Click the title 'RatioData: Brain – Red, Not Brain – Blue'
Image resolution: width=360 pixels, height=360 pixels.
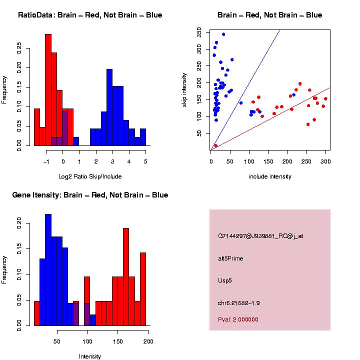click(90, 15)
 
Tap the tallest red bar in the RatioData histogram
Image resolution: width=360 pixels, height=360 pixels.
click(48, 90)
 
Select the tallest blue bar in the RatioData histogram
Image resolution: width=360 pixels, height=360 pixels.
click(109, 107)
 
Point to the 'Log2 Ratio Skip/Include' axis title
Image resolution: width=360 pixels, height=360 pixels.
click(90, 176)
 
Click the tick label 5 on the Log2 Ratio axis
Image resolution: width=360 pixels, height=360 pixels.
click(145, 161)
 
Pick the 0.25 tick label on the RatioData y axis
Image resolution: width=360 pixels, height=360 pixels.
click(19, 48)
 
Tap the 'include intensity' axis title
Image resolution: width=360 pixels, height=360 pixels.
click(270, 176)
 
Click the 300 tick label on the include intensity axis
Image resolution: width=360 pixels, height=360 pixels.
click(325, 162)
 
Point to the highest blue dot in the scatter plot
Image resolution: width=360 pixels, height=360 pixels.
click(223, 34)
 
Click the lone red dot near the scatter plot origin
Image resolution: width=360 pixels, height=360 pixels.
click(216, 145)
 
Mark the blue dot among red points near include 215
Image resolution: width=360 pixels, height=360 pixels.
click(293, 94)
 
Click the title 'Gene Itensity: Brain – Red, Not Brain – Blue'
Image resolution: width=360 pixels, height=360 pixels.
click(90, 194)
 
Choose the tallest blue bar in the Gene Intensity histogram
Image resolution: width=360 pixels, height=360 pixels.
click(48, 270)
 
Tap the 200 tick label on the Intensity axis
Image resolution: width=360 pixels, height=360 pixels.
click(148, 342)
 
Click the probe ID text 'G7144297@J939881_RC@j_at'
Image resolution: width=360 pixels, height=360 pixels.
click(260, 236)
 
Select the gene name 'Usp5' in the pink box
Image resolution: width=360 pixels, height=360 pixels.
click(225, 280)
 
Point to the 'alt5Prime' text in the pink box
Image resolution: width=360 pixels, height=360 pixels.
click(230, 258)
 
